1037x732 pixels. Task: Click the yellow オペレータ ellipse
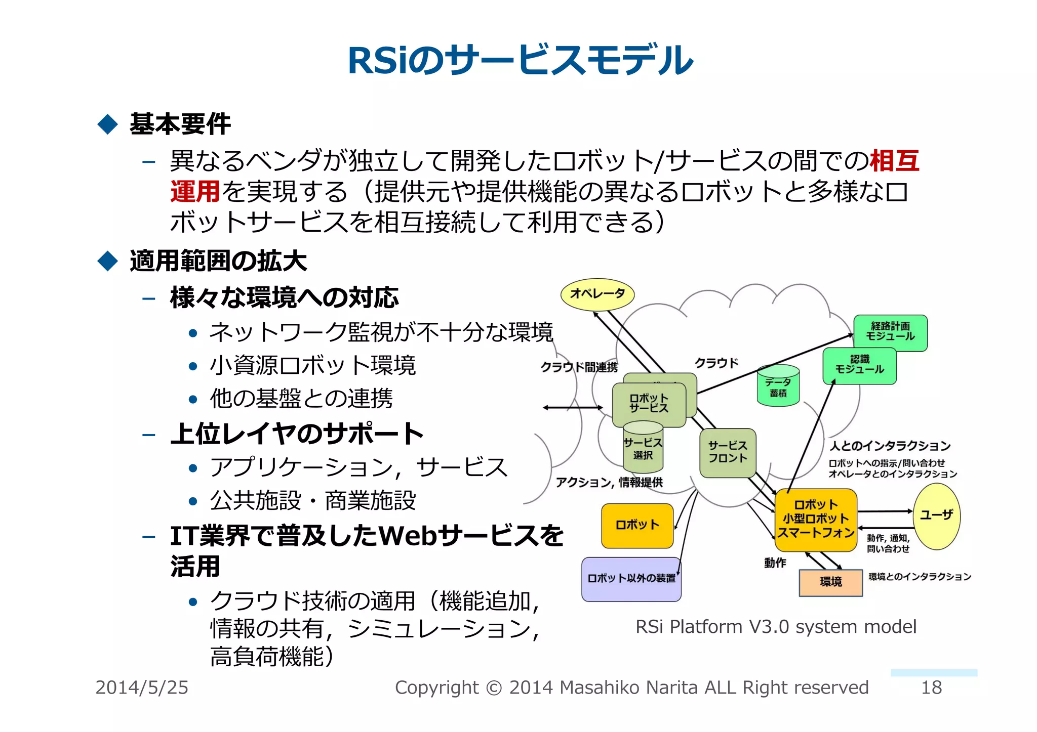click(597, 294)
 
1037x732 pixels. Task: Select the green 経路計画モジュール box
click(890, 332)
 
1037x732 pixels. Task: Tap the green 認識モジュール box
click(859, 365)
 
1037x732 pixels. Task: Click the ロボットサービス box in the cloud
click(649, 404)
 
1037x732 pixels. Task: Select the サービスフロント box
click(728, 452)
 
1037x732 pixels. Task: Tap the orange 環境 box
click(830, 582)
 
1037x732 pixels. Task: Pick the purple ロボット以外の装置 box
click(631, 579)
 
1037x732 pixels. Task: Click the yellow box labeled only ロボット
click(637, 525)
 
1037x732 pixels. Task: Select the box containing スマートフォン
click(816, 520)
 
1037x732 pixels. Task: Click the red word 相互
click(894, 161)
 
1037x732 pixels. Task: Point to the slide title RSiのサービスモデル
click(520, 60)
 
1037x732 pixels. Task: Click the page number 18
click(931, 687)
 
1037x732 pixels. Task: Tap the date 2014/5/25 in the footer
click(142, 687)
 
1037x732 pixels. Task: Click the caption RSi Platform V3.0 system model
click(775, 627)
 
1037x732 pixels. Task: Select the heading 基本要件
click(180, 124)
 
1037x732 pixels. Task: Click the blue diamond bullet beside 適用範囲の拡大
click(107, 261)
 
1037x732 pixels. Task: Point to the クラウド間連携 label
click(579, 367)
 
